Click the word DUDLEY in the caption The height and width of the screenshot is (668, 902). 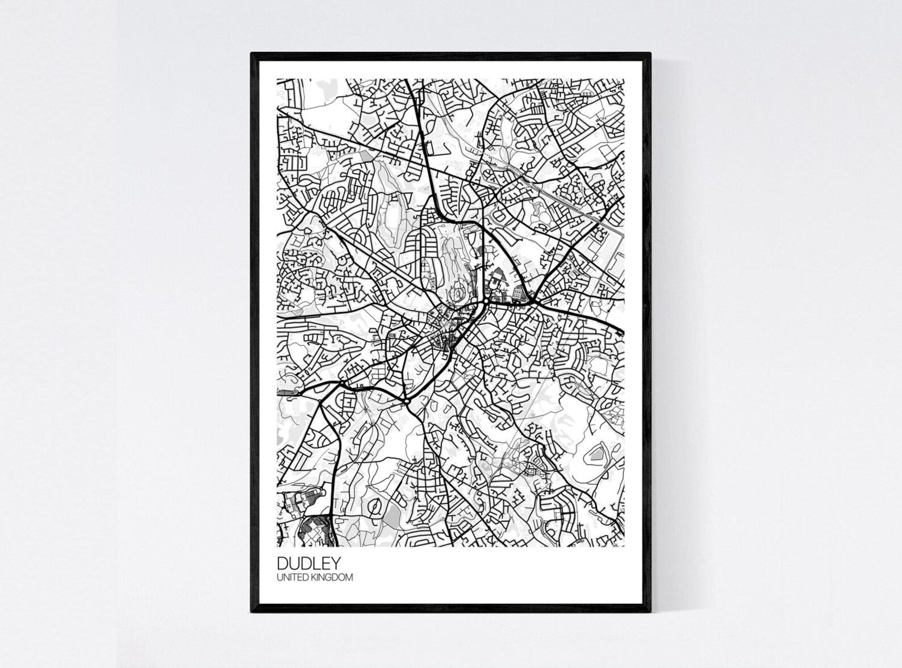(x=309, y=563)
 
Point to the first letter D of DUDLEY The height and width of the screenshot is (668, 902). (x=282, y=563)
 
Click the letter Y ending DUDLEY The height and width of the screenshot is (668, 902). (x=336, y=563)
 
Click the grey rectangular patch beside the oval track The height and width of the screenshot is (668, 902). (x=392, y=516)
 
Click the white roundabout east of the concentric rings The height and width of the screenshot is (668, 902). (x=488, y=296)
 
